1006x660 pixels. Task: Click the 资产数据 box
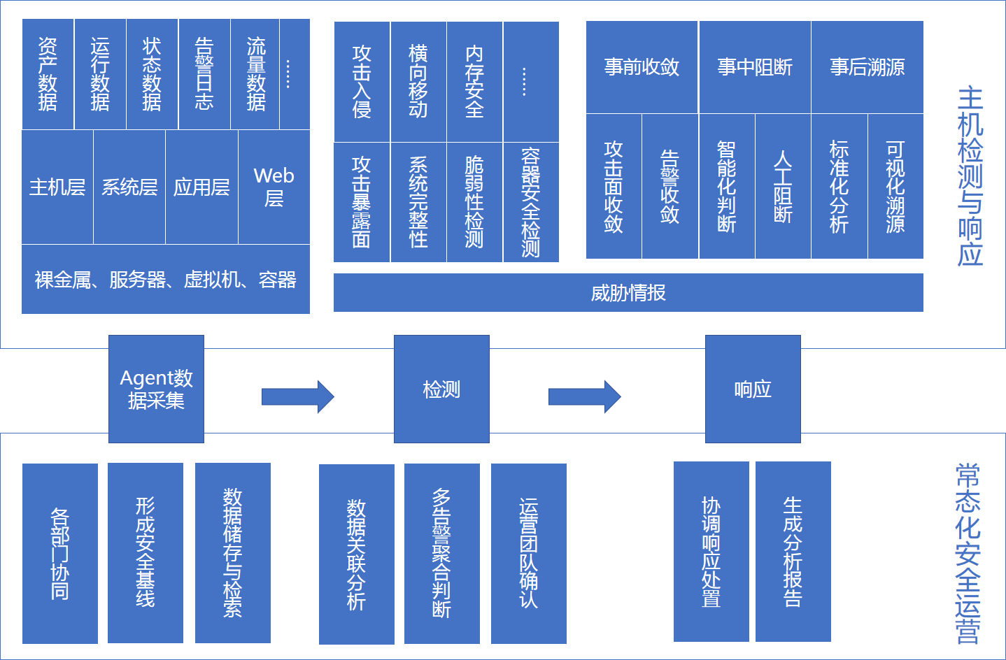(48, 74)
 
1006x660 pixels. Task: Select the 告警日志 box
(204, 74)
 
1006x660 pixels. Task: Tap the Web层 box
(274, 187)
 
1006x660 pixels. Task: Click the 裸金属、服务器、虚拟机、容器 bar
(166, 280)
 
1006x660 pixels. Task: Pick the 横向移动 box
(418, 82)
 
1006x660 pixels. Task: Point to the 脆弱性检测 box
(474, 202)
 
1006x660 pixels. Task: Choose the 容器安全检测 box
(531, 202)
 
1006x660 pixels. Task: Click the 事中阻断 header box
(755, 67)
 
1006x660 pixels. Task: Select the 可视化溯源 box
(895, 187)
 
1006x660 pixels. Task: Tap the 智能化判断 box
(727, 187)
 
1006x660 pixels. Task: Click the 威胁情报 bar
(628, 292)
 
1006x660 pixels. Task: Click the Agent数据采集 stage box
(156, 389)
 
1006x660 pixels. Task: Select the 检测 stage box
(441, 389)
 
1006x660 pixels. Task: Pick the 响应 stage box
(753, 389)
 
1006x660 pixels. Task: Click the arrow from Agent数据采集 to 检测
(297, 397)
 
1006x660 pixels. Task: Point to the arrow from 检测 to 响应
(584, 397)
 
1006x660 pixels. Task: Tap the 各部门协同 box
(60, 553)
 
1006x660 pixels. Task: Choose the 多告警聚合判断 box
(442, 553)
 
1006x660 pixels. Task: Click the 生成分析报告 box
(793, 552)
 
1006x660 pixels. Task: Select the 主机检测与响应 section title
(970, 176)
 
